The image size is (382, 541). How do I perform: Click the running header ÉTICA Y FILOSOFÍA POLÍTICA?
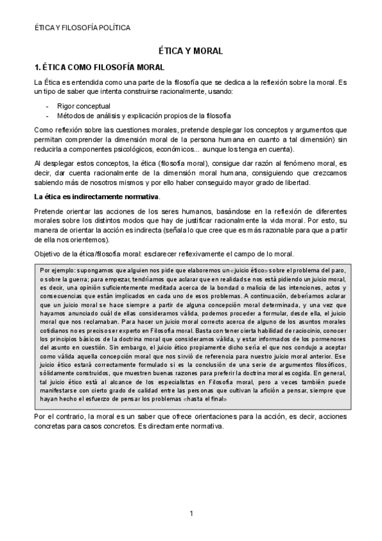pos(82,28)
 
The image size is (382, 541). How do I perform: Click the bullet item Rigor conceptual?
pos(84,106)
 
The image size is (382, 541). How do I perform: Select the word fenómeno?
pos(283,163)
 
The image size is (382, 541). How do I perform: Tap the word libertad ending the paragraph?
pos(297,184)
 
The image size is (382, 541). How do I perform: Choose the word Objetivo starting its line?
pos(49,253)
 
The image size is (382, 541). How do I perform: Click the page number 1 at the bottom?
pos(191,514)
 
